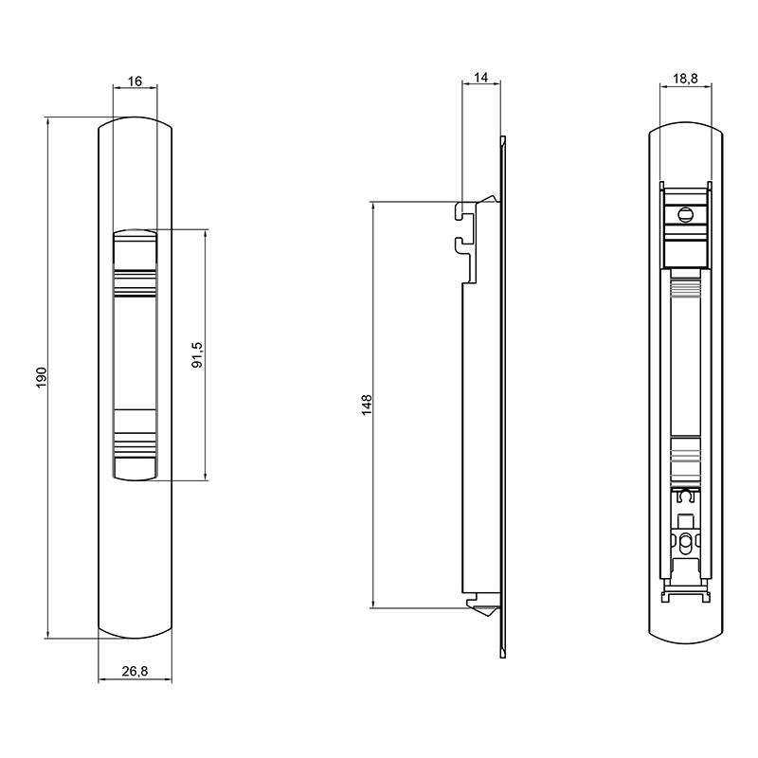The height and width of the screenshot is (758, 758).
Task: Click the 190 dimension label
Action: [42, 377]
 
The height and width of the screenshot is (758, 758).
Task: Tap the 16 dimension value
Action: [135, 81]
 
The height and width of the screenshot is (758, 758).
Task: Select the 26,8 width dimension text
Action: [135, 671]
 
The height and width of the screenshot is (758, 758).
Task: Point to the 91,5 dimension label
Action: [198, 354]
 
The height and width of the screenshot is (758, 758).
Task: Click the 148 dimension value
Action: [367, 405]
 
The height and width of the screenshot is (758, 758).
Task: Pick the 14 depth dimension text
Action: [481, 78]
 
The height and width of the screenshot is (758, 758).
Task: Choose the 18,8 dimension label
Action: [685, 79]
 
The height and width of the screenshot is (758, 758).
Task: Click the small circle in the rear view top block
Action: [685, 214]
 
